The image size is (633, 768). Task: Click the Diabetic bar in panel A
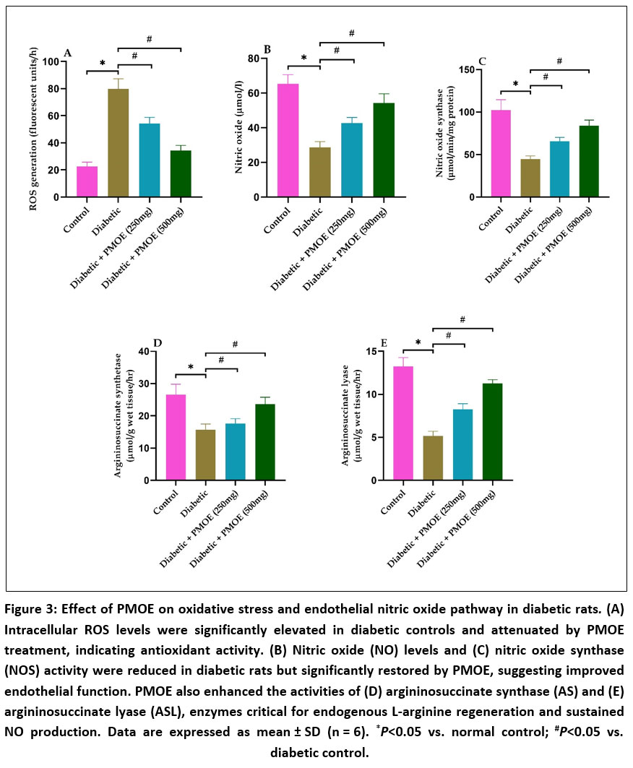click(118, 143)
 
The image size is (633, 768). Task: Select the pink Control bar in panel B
click(288, 141)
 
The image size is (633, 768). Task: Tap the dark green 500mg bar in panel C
click(589, 161)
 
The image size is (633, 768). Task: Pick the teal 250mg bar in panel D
click(236, 452)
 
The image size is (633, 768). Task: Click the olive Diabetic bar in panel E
click(433, 458)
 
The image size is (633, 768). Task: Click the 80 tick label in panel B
click(254, 59)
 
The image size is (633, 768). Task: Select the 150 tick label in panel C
click(467, 70)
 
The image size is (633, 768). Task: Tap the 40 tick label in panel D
click(144, 351)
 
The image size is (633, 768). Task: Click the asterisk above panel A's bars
click(103, 64)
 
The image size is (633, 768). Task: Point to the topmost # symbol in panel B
click(352, 33)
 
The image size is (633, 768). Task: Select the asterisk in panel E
click(418, 342)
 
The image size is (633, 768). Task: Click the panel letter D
click(158, 342)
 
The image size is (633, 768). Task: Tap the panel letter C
click(482, 61)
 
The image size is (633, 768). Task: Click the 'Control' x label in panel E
click(393, 502)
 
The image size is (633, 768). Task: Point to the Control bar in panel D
click(176, 437)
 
